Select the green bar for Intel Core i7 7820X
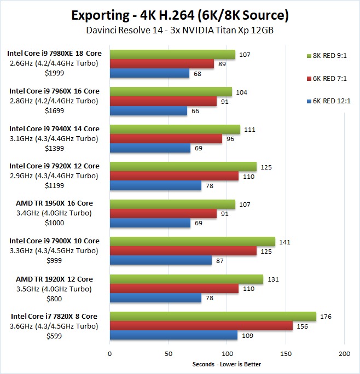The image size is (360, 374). pos(213,316)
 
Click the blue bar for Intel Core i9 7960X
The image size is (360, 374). pos(148,110)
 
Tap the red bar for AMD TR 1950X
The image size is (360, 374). pos(163,214)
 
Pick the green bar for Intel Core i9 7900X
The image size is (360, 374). pos(193,241)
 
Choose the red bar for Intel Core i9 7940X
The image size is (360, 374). pos(166,139)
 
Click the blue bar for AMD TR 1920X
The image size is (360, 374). pos(155,297)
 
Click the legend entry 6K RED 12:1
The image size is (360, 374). pos(330,102)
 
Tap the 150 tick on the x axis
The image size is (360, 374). pos(286,354)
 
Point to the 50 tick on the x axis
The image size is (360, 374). pos(169,354)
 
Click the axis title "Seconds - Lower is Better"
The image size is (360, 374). pos(227,364)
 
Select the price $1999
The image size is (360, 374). pos(53,73)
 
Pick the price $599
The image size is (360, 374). pos(53,335)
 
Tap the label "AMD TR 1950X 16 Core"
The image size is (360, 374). pos(53,203)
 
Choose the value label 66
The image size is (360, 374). pos(195,110)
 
